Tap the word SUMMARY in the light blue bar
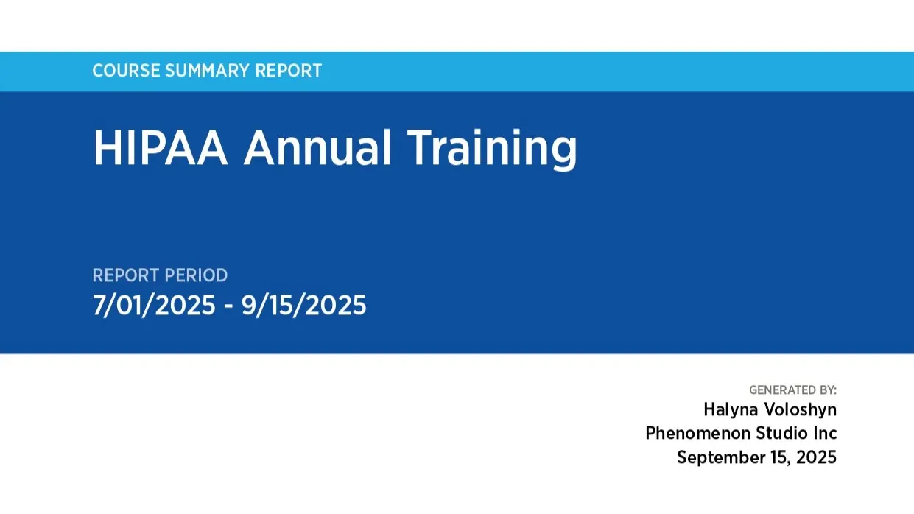click(x=207, y=71)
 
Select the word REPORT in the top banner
click(x=288, y=71)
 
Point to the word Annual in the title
click(x=317, y=147)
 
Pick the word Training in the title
click(x=491, y=147)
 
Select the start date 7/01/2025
click(x=154, y=305)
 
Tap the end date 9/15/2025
click(x=304, y=305)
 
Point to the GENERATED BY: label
click(x=792, y=390)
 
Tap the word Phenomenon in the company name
click(x=697, y=433)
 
